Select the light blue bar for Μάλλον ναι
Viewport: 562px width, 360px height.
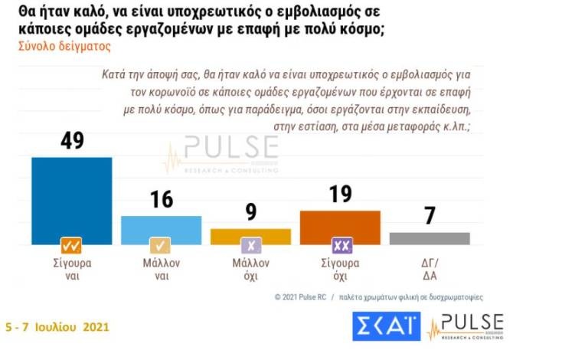pyautogui.click(x=161, y=228)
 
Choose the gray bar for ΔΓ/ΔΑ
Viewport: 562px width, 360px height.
pyautogui.click(x=430, y=237)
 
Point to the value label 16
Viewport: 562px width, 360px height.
pyautogui.click(x=161, y=200)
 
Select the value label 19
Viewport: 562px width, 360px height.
pyautogui.click(x=340, y=195)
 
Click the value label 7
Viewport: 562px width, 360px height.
pyautogui.click(x=430, y=216)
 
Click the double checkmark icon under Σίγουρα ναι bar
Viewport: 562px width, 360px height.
pyautogui.click(x=71, y=246)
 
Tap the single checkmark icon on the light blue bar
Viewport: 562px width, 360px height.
pyautogui.click(x=161, y=246)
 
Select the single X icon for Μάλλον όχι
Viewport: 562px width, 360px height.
pyautogui.click(x=250, y=246)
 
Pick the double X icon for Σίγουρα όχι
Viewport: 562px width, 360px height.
pyautogui.click(x=341, y=246)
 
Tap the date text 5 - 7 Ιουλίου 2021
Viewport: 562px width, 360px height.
pyautogui.click(x=57, y=327)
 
